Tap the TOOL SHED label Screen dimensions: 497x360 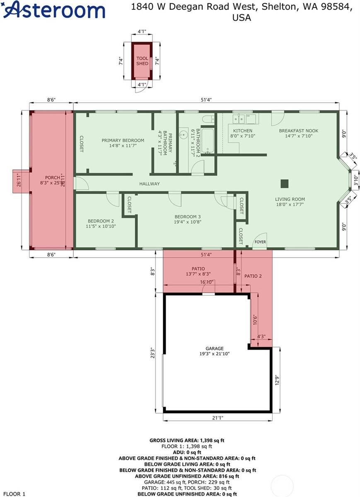142,61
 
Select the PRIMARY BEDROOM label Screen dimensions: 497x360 123,140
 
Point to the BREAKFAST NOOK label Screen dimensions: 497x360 298,131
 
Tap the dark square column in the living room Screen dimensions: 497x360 284,183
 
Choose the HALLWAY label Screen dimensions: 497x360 149,184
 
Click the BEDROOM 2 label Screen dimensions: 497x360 101,221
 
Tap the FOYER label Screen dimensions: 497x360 260,242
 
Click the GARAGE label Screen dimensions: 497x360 214,349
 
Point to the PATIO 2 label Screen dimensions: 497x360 253,276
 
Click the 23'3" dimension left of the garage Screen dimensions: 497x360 153,352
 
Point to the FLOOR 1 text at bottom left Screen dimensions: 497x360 12,494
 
